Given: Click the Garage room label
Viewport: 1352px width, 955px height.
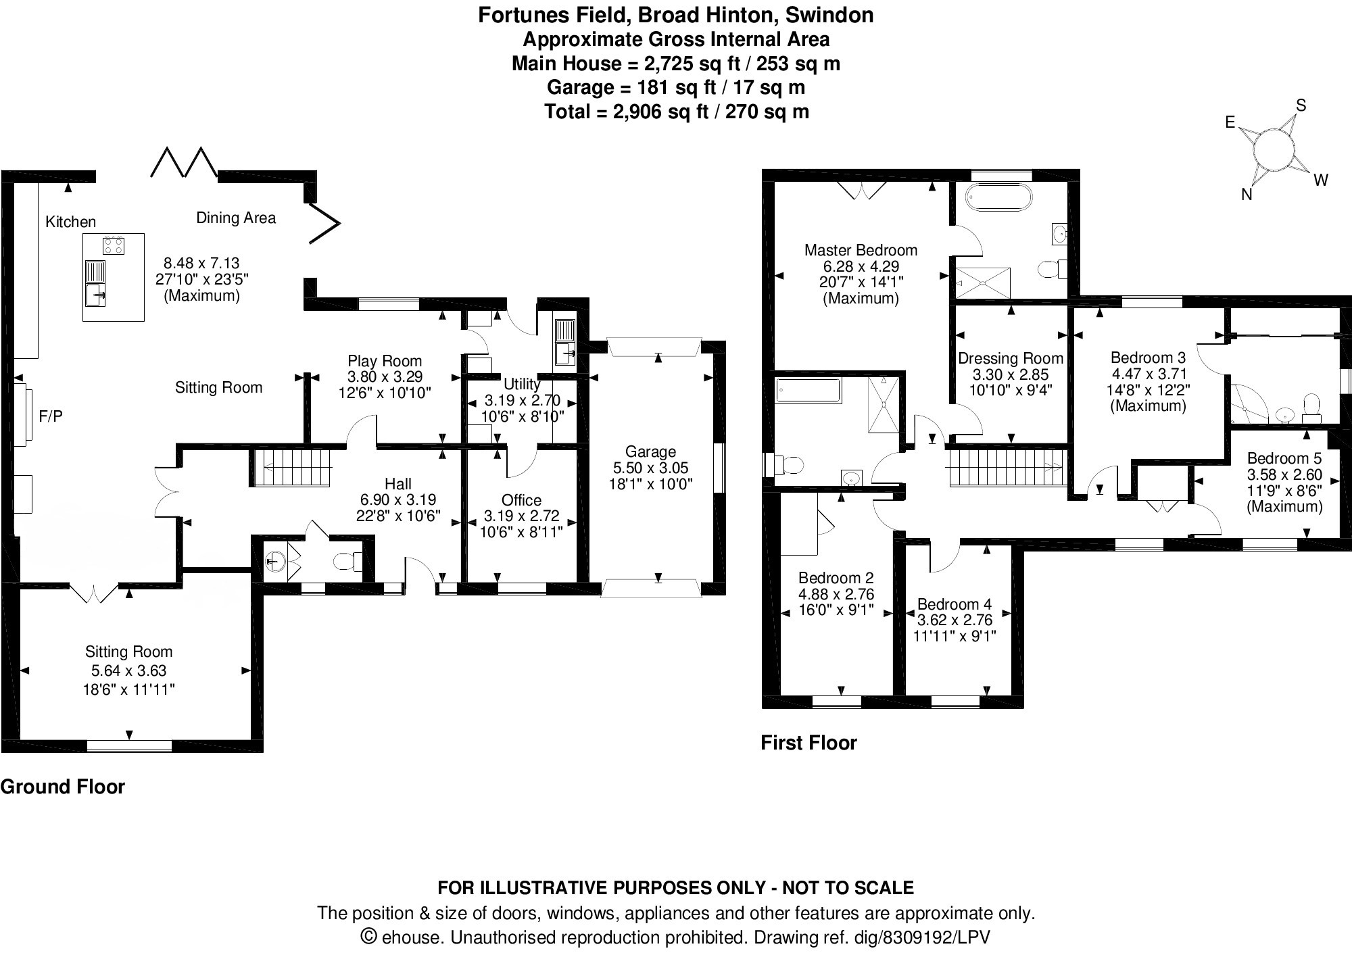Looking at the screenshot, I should [x=650, y=451].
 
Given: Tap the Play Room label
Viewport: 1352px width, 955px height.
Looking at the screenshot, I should [x=384, y=361].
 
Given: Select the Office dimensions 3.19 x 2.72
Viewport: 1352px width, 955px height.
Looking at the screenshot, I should [x=521, y=516].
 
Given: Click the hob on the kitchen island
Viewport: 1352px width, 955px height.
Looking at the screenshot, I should [x=114, y=245].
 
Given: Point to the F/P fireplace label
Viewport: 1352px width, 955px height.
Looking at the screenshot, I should [x=51, y=416].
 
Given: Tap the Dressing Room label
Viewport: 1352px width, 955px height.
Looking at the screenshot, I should [x=1010, y=358].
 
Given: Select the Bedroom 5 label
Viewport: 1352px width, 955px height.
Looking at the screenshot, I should [x=1284, y=458].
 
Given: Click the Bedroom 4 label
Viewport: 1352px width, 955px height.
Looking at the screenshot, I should [x=954, y=604].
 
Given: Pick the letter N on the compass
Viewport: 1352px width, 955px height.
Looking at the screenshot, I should [x=1247, y=195].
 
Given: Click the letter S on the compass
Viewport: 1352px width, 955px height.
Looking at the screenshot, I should [x=1301, y=105].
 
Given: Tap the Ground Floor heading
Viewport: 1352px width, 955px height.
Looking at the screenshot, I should [x=63, y=787].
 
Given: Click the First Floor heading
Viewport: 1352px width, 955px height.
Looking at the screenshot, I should [x=808, y=743].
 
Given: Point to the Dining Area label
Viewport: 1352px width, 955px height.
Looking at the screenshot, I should [x=236, y=218].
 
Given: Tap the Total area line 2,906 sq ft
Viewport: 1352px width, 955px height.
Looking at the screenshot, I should [x=676, y=112].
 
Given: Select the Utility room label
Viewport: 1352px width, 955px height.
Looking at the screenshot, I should [x=521, y=384].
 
